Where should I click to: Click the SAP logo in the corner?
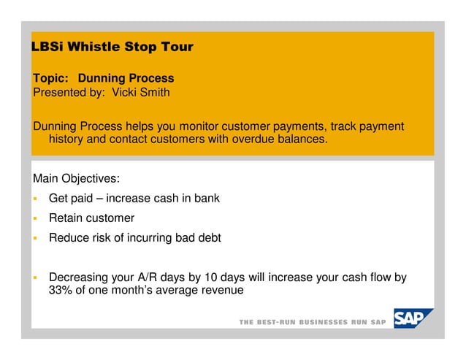click(413, 319)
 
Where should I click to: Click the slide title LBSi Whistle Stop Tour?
click(112, 47)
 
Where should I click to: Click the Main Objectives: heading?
click(77, 178)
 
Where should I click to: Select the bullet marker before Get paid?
click(34, 199)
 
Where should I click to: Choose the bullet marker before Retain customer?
click(34, 218)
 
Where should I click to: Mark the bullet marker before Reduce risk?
click(34, 238)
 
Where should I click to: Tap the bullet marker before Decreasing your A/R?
click(34, 277)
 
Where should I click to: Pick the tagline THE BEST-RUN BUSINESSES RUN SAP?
click(312, 322)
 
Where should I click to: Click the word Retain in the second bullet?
click(66, 218)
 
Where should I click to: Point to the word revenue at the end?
click(221, 291)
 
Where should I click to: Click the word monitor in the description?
click(197, 126)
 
